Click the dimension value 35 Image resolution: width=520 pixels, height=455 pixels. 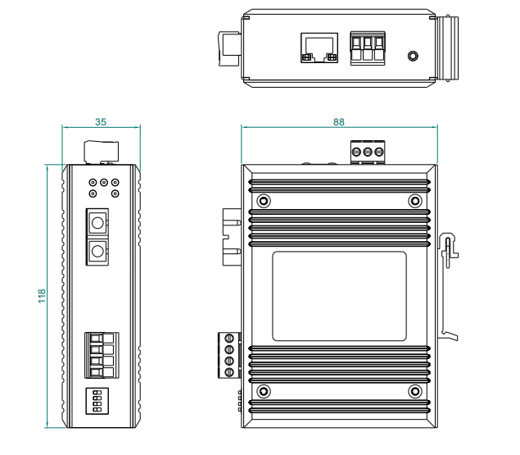pyautogui.click(x=101, y=122)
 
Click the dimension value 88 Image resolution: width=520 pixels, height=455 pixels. pyautogui.click(x=339, y=121)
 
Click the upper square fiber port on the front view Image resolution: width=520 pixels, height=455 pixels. pyautogui.click(x=97, y=222)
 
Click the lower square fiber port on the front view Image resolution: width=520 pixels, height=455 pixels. pyautogui.click(x=97, y=251)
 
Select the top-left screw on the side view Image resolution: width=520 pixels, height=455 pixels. pyautogui.click(x=263, y=201)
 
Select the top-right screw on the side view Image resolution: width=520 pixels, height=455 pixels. pyautogui.click(x=415, y=201)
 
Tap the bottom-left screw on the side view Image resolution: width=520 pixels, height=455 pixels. pyautogui.click(x=263, y=391)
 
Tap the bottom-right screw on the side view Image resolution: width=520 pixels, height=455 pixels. pyautogui.click(x=415, y=391)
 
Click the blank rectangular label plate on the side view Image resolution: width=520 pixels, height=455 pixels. pyautogui.click(x=339, y=296)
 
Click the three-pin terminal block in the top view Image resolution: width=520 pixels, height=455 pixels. pyautogui.click(x=368, y=46)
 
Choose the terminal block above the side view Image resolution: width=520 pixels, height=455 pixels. pyautogui.click(x=369, y=152)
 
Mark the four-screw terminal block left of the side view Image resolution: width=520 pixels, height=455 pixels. pyautogui.click(x=228, y=355)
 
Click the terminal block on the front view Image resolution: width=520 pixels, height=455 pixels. pyautogui.click(x=102, y=353)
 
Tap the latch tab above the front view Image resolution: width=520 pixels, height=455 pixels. pyautogui.click(x=102, y=152)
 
